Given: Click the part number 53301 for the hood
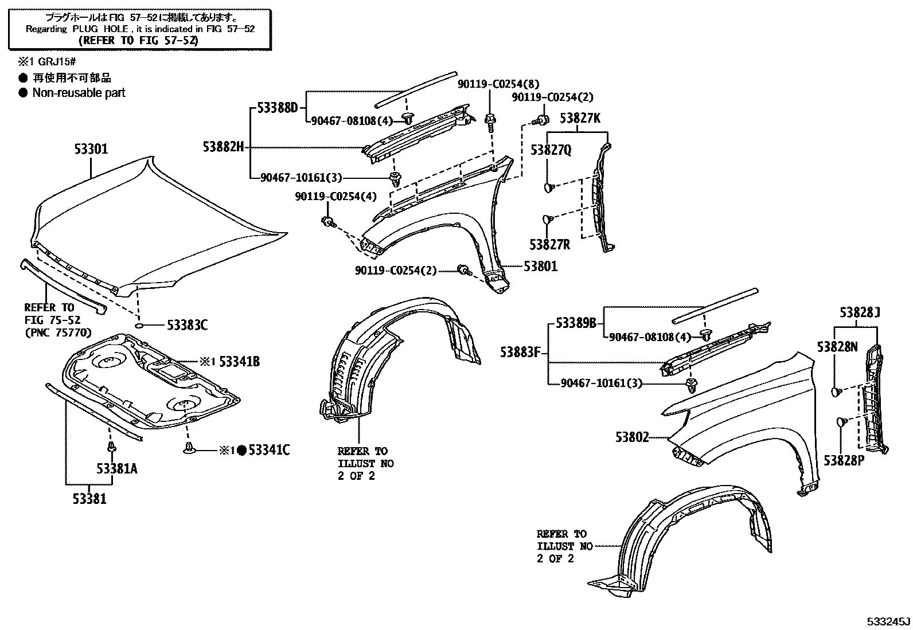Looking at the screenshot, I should point(91,150).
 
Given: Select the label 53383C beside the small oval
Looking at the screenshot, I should point(187,326).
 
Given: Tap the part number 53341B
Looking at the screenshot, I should point(239,362).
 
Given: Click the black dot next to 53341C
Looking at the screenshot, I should point(242,451).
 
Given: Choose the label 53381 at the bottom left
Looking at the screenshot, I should point(89,499).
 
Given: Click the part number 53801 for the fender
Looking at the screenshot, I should point(540,267).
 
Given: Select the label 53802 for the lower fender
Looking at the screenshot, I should point(632,437).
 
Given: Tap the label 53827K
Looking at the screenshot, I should point(580,119).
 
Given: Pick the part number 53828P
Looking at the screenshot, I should point(844,460).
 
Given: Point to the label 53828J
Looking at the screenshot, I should point(860,313).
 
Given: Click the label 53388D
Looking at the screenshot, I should point(278,107).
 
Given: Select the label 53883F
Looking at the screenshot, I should point(520,352).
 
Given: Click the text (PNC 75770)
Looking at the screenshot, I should point(57,332).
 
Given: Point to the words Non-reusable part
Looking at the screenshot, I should point(79,93).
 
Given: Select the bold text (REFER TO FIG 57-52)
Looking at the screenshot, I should point(139,40).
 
